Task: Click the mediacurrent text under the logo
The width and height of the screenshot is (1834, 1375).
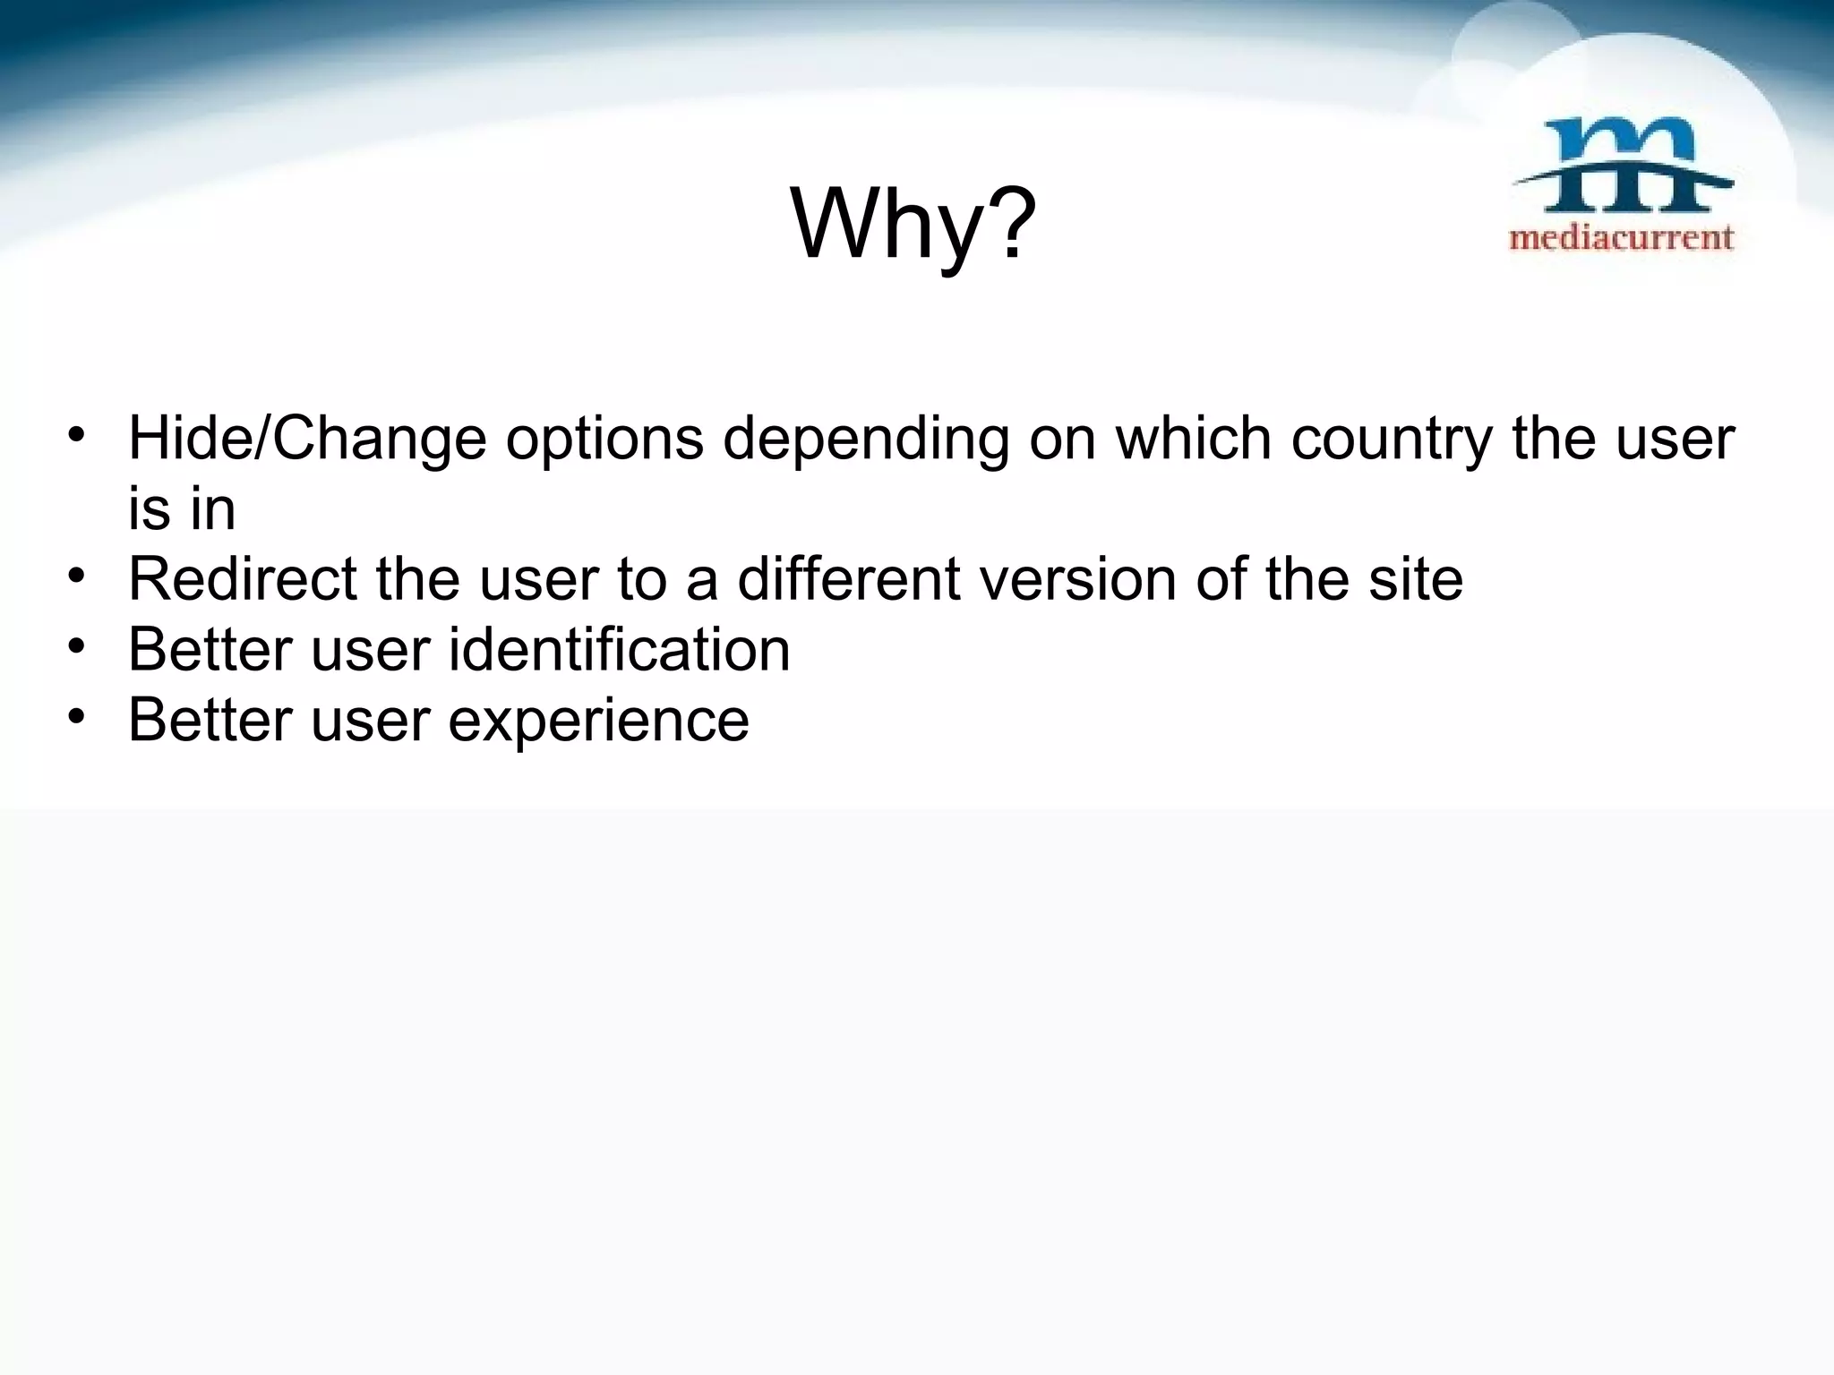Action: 1622,238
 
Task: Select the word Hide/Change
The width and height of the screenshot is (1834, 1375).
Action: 308,439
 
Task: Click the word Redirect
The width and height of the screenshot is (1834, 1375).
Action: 243,578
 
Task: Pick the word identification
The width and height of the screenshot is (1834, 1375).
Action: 619,649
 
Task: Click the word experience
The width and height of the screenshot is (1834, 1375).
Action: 598,721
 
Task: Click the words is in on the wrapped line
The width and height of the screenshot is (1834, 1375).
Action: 182,509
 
